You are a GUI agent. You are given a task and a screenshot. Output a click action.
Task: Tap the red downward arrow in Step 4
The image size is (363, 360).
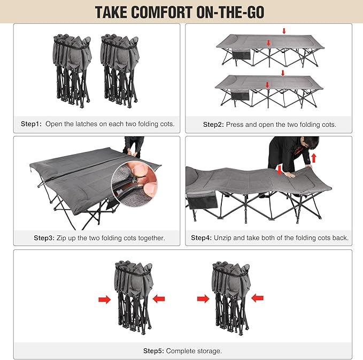[x=280, y=170]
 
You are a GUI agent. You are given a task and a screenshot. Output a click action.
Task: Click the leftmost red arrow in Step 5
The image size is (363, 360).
[x=104, y=299]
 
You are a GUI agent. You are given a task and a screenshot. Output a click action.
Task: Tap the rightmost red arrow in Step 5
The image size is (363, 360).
[x=258, y=298]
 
